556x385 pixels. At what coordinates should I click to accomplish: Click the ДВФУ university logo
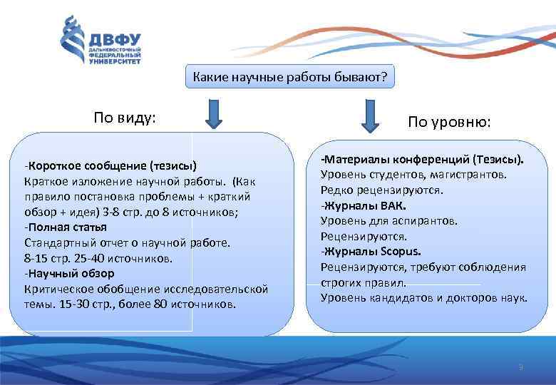click(x=100, y=42)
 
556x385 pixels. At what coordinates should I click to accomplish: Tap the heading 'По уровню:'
click(x=449, y=123)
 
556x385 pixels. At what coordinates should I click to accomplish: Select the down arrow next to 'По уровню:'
click(x=369, y=115)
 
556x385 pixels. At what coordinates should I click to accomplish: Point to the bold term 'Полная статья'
click(x=67, y=227)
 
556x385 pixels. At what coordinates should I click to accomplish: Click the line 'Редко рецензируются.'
click(x=382, y=190)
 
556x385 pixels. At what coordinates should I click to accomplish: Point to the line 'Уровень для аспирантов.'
click(x=389, y=220)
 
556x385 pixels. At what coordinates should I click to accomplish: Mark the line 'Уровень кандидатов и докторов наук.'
click(x=424, y=297)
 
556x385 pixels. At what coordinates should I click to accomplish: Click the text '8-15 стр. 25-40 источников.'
click(x=98, y=257)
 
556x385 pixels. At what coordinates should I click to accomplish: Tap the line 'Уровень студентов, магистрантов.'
click(x=414, y=175)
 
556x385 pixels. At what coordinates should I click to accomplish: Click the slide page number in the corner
click(x=521, y=367)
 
